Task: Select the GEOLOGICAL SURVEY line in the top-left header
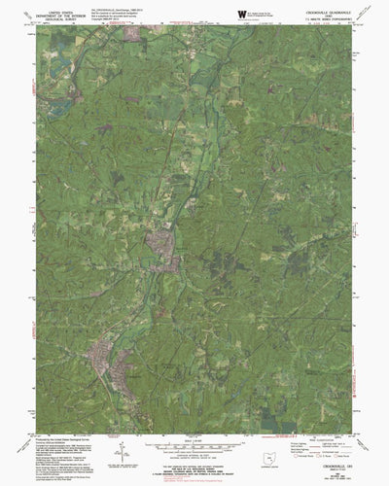click(55, 18)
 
